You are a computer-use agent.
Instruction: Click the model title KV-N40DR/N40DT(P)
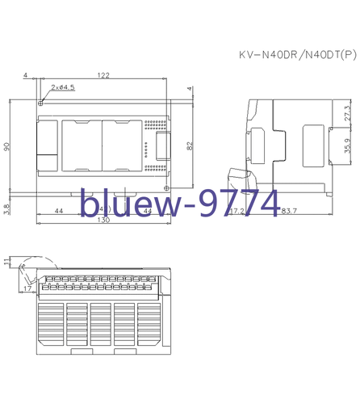click(296, 56)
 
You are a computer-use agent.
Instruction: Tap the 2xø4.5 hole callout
click(62, 87)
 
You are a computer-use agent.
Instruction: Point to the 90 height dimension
click(7, 146)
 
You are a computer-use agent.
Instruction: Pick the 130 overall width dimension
click(103, 221)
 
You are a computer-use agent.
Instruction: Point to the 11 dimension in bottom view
click(7, 261)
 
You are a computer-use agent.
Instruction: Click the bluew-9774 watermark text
click(178, 203)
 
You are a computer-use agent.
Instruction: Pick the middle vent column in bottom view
click(102, 325)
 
